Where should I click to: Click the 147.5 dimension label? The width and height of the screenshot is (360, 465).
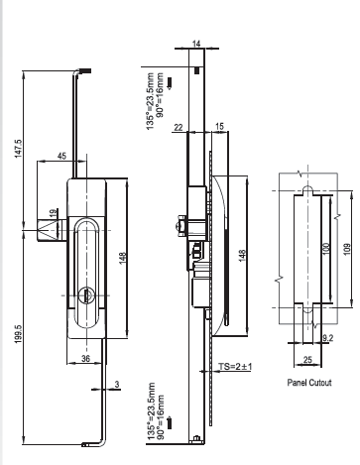[18, 149]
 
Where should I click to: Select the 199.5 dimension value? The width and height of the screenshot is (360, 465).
[18, 333]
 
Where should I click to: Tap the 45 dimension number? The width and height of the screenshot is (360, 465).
[61, 156]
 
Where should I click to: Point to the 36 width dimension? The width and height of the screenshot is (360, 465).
[85, 359]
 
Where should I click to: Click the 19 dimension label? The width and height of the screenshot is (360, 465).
[54, 214]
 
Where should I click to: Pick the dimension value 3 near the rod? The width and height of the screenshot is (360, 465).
[117, 384]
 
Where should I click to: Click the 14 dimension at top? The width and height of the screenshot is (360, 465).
[196, 44]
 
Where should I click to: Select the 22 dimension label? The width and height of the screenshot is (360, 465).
[179, 127]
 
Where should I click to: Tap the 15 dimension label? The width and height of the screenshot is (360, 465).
[219, 126]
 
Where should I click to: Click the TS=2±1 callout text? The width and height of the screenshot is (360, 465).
[235, 367]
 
